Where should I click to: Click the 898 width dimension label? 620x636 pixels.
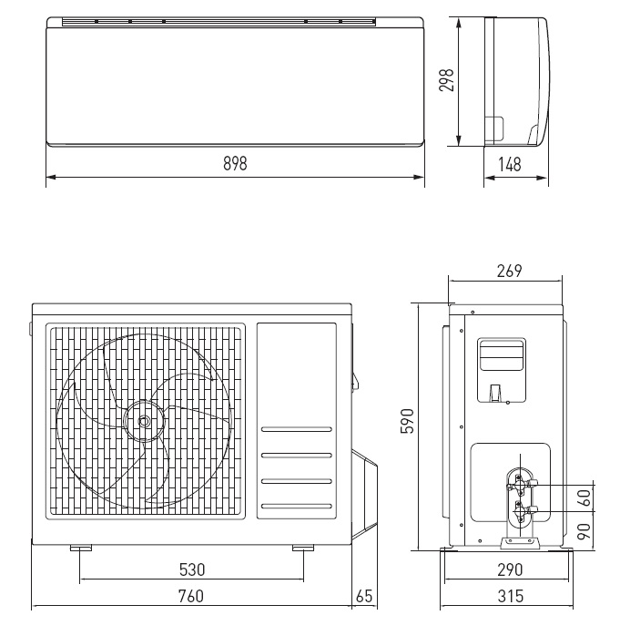click(x=235, y=163)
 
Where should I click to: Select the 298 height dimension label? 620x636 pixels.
click(x=446, y=80)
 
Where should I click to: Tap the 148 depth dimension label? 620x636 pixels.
click(x=509, y=164)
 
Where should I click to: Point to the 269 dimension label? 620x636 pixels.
click(x=509, y=271)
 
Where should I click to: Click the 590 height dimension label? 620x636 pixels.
click(x=407, y=421)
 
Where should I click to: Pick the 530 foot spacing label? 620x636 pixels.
click(x=192, y=569)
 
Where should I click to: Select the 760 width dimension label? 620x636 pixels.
click(x=191, y=596)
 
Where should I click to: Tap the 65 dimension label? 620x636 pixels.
click(x=364, y=596)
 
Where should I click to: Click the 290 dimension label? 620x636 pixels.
click(x=510, y=569)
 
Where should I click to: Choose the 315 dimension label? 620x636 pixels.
click(x=510, y=596)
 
